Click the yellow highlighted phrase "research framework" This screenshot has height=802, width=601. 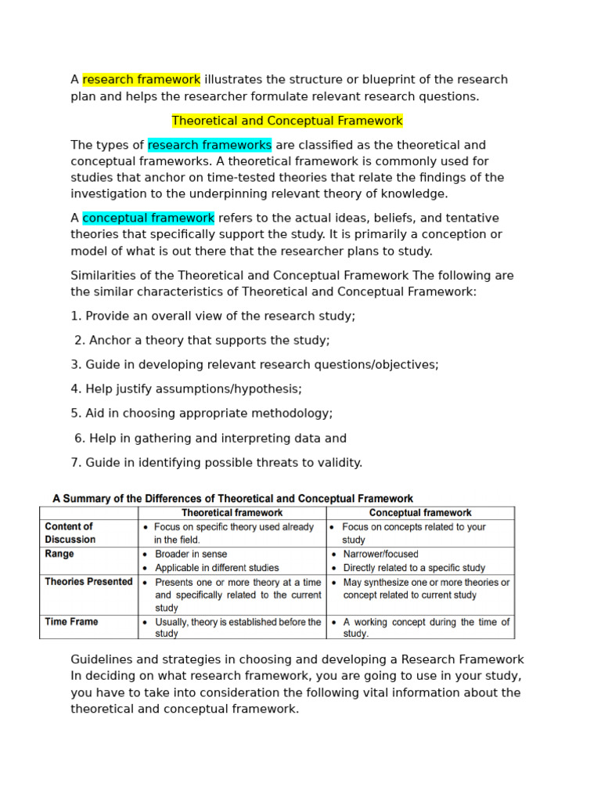click(x=141, y=80)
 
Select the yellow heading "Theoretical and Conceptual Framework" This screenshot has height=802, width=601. click(x=287, y=121)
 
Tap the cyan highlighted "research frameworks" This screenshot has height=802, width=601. click(x=210, y=145)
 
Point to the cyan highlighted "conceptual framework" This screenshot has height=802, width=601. click(x=148, y=218)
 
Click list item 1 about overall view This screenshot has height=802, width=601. click(x=213, y=316)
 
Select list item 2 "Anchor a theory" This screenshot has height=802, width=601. click(x=202, y=340)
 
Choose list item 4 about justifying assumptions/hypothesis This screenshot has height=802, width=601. click(x=186, y=388)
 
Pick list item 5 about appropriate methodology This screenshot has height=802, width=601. click(x=202, y=414)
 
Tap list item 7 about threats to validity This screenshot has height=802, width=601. click(x=217, y=462)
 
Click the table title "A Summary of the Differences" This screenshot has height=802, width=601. click(x=232, y=498)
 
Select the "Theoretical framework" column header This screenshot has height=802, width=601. click(x=232, y=513)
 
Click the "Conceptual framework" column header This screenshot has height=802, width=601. click(x=420, y=513)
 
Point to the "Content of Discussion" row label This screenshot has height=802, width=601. click(x=70, y=533)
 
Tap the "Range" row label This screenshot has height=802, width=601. click(x=59, y=554)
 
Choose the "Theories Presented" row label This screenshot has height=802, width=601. click(x=88, y=582)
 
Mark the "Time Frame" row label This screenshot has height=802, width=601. click(x=71, y=622)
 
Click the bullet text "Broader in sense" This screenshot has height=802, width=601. click(x=192, y=554)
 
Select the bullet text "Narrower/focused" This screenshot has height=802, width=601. click(x=381, y=554)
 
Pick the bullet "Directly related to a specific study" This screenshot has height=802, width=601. click(x=414, y=568)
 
